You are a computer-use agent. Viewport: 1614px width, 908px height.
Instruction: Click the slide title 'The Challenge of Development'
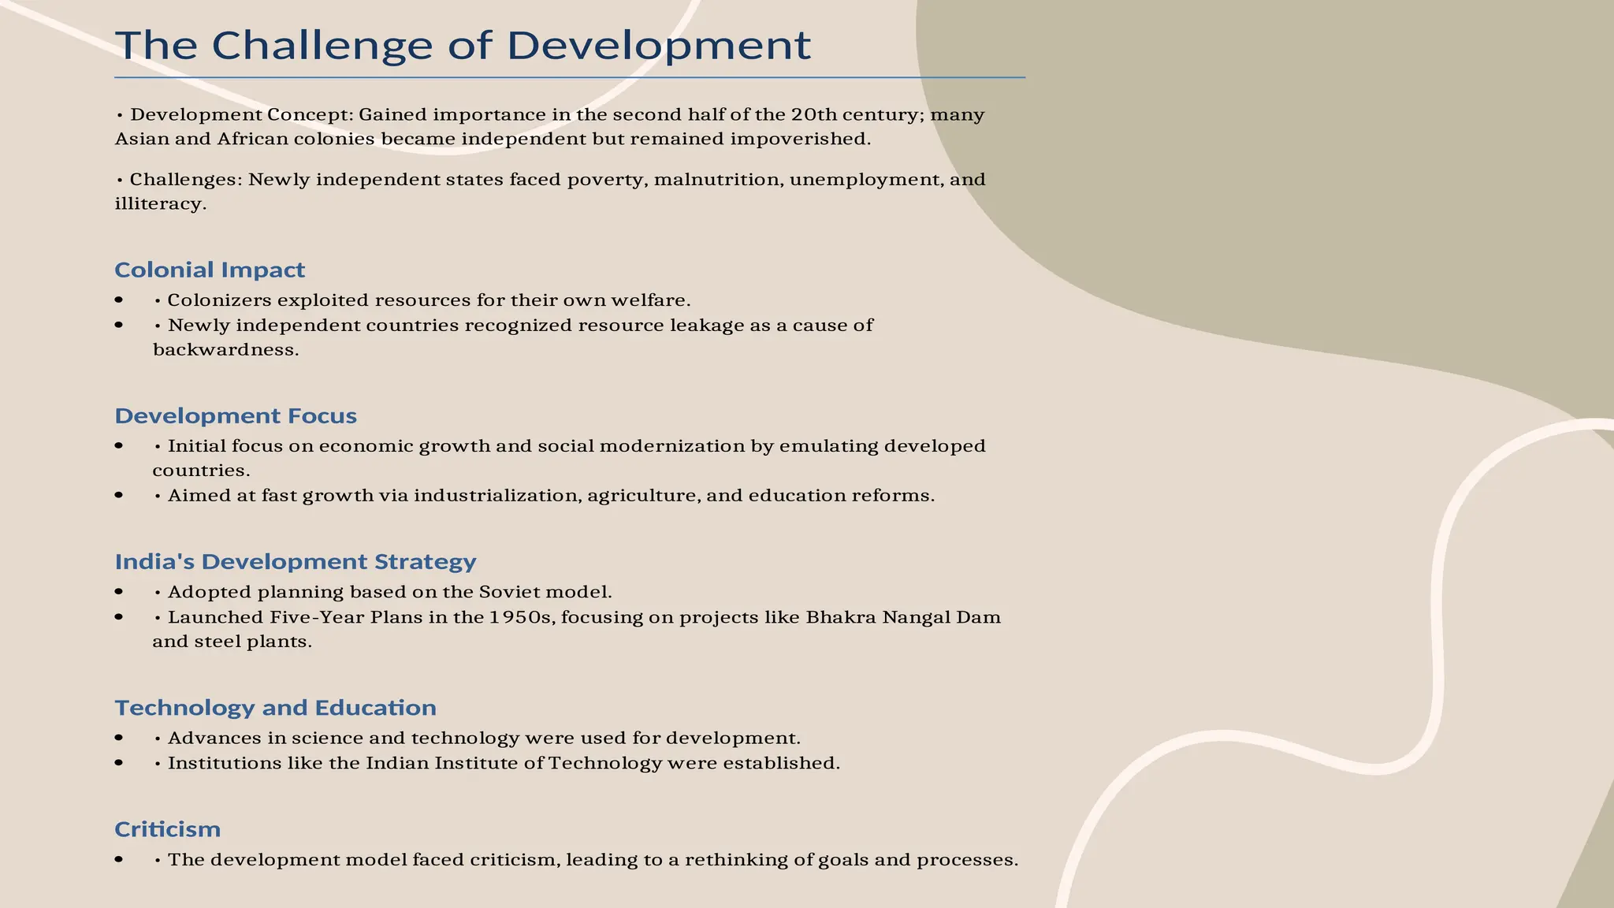click(463, 45)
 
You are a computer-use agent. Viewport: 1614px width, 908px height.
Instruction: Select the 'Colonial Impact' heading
click(210, 270)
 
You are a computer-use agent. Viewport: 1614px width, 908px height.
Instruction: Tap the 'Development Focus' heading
click(236, 415)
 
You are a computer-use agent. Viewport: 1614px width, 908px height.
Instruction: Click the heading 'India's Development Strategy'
click(296, 561)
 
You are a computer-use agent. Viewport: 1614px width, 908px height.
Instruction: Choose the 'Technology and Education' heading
click(275, 707)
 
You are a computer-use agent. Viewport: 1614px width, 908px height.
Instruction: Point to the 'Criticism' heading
click(167, 829)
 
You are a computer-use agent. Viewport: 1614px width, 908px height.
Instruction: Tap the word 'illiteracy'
click(160, 204)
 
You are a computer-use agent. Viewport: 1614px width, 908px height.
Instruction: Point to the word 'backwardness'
click(225, 350)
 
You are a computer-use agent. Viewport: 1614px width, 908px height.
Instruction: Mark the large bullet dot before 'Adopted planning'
click(119, 592)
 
